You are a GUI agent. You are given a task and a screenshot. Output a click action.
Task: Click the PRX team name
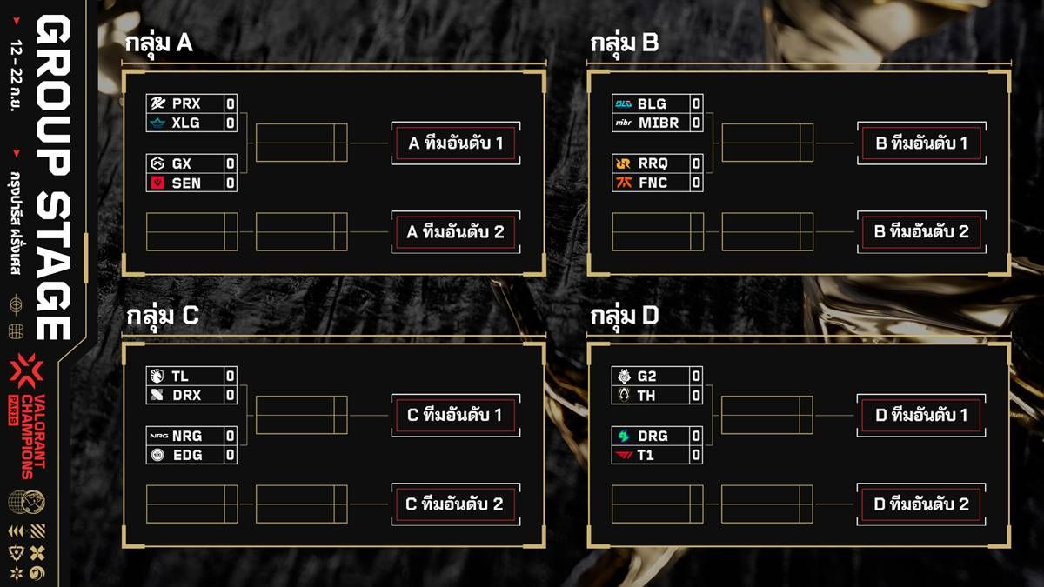coord(186,103)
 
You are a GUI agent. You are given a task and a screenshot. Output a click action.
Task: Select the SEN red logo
coord(157,183)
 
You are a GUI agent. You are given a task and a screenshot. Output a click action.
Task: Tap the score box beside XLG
coord(231,123)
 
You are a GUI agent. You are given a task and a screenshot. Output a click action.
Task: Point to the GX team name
coord(181,163)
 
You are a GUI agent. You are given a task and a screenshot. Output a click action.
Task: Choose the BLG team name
coord(652,103)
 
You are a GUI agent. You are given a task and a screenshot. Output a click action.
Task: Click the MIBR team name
coord(659,123)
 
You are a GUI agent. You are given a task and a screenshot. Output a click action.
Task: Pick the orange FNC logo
coord(624,183)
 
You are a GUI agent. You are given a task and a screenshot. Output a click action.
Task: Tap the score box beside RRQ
coord(696,163)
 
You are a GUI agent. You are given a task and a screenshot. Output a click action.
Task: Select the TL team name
coord(180,376)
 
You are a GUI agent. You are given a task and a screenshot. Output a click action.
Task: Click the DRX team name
coord(187,395)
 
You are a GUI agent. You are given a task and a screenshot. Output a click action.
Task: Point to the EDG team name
coord(187,455)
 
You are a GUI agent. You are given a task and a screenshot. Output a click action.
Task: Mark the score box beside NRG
coord(231,436)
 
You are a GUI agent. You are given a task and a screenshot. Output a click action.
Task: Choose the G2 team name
coord(647,376)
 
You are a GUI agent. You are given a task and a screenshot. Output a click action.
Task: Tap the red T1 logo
coord(624,455)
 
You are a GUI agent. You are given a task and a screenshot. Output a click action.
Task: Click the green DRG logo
coord(624,436)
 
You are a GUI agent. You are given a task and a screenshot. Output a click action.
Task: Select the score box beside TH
coord(696,396)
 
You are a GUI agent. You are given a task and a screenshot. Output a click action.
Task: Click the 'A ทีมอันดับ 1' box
coord(456,143)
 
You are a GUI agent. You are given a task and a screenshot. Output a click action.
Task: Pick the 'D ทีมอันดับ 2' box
coord(921,504)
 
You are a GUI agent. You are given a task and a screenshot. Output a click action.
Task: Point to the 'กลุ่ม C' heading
coord(163,316)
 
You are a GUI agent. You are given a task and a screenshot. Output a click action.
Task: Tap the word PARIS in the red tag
coord(13,410)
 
